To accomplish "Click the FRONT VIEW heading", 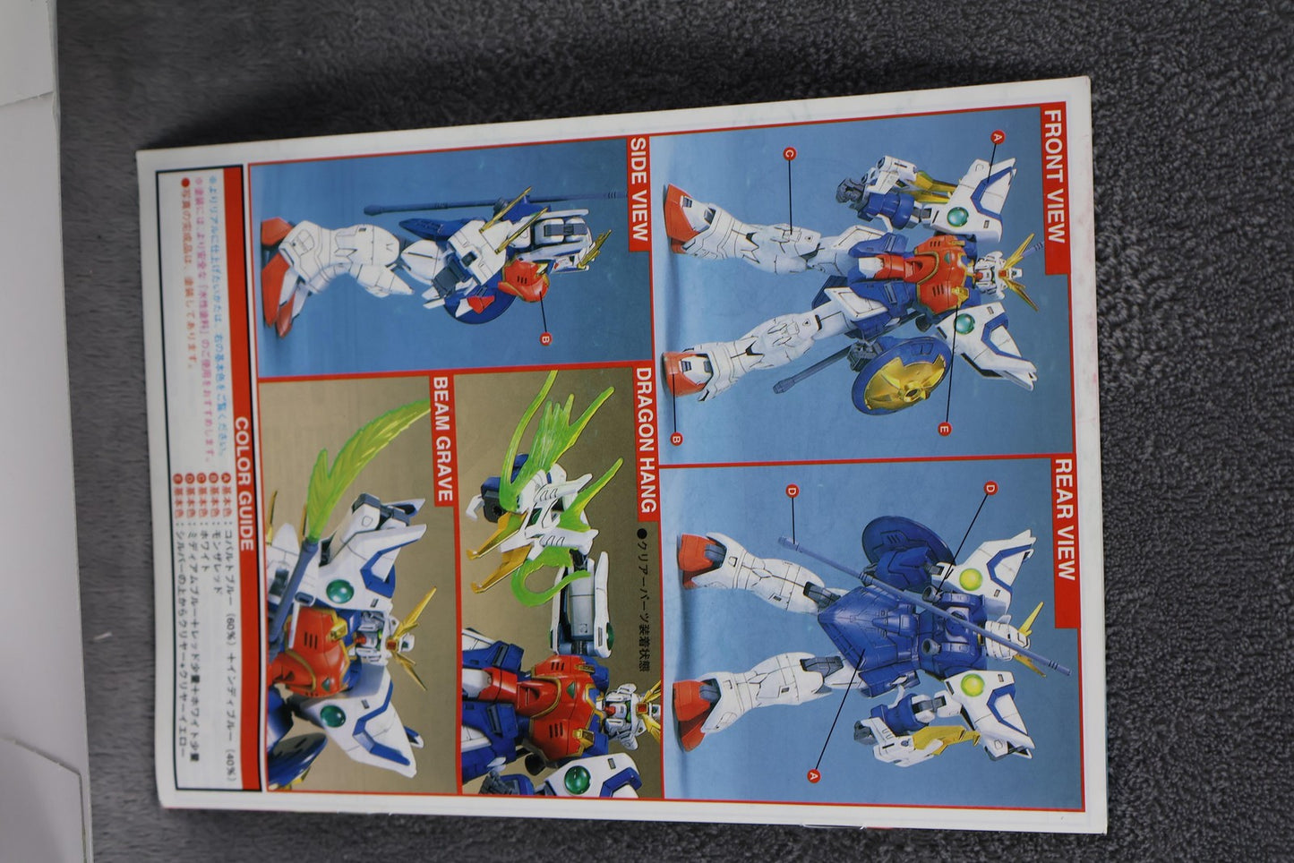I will (1054, 175).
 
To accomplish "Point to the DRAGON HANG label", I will (646, 440).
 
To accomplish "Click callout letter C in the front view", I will (789, 154).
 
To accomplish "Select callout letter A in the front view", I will (998, 136).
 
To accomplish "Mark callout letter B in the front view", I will (676, 439).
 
